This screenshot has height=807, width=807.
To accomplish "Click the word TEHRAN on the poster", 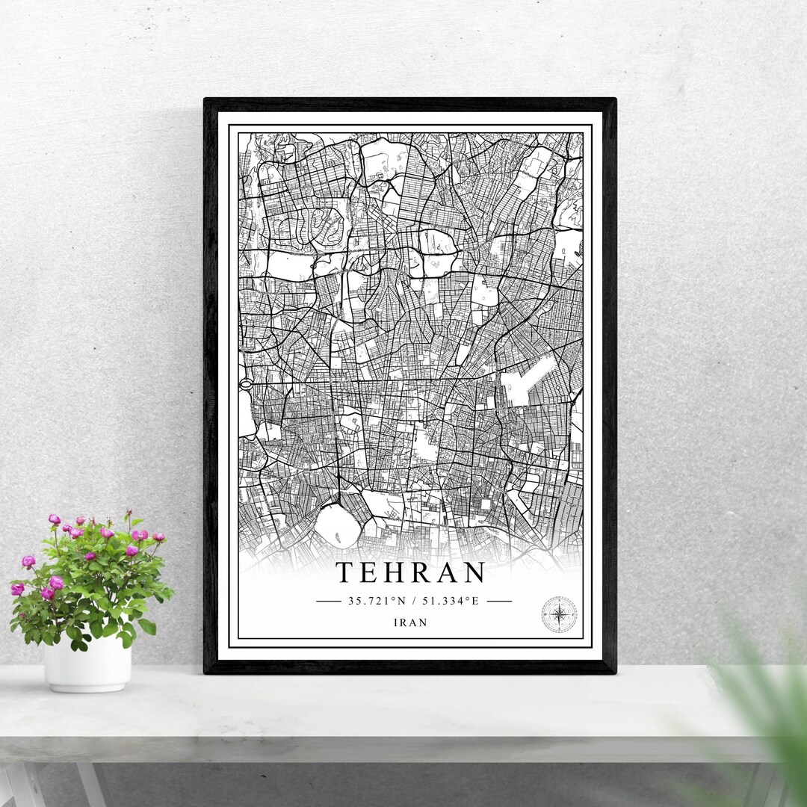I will click(411, 573).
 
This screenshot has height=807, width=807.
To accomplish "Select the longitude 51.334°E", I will click(448, 601).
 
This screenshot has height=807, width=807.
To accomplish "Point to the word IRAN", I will click(411, 623).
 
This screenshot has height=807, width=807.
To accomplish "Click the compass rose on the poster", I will click(558, 614).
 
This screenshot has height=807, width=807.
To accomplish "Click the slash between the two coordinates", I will click(416, 601).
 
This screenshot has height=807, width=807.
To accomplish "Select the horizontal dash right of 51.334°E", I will click(498, 601).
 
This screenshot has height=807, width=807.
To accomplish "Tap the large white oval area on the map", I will click(333, 525).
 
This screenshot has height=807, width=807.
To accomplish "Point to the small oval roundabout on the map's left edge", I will click(245, 384).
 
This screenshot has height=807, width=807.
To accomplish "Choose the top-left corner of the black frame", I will click(206, 100).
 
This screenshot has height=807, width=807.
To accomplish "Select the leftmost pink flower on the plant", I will click(16, 589).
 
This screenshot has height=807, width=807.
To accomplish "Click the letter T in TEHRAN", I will click(344, 573).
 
